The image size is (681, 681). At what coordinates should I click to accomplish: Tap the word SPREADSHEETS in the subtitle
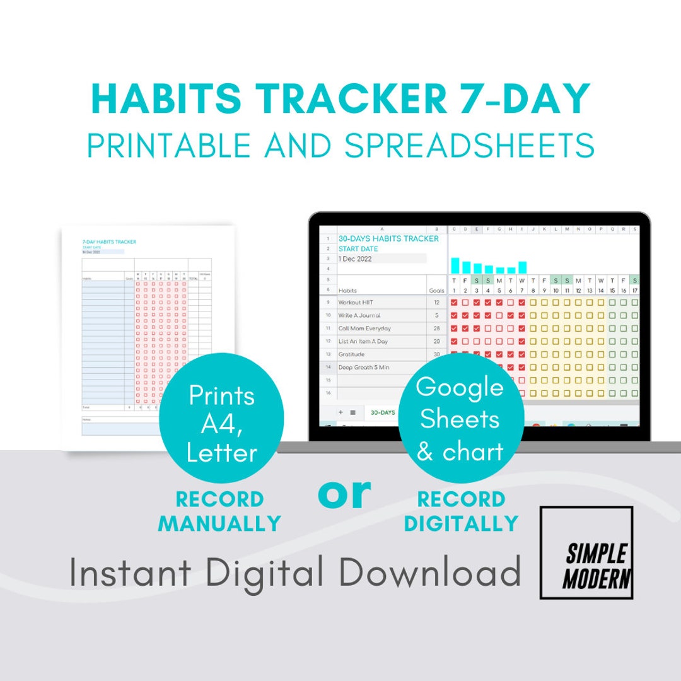pyautogui.click(x=469, y=146)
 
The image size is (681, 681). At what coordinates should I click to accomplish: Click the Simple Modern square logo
pyautogui.click(x=586, y=552)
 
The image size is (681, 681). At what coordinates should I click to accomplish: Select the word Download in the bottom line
pyautogui.click(x=429, y=572)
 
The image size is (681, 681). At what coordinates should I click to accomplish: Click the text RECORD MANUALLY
pyautogui.click(x=219, y=511)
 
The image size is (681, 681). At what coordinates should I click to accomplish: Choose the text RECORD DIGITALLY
pyautogui.click(x=461, y=511)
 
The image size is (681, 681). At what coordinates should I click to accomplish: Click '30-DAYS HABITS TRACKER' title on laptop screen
pyautogui.click(x=388, y=239)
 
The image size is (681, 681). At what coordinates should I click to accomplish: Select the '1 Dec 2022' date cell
pyautogui.click(x=356, y=259)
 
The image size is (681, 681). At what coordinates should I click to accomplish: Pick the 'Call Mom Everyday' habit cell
pyautogui.click(x=364, y=329)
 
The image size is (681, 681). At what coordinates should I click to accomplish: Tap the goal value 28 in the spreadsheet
pyautogui.click(x=436, y=329)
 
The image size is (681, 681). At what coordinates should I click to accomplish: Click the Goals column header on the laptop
pyautogui.click(x=436, y=291)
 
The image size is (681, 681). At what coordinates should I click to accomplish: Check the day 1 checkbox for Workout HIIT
pyautogui.click(x=453, y=303)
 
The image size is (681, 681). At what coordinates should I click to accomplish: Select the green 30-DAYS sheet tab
pyautogui.click(x=383, y=412)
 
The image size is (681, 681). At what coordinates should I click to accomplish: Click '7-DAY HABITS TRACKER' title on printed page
pyautogui.click(x=109, y=242)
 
